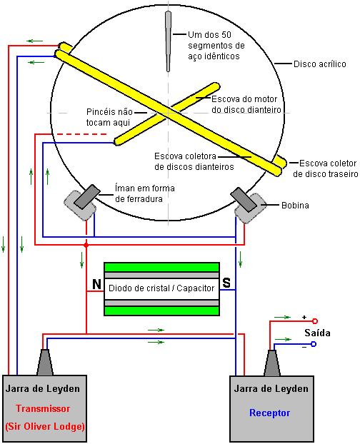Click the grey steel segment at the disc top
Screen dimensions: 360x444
click(169, 41)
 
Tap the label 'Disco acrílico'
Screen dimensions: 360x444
click(320, 64)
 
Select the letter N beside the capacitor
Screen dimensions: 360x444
click(97, 283)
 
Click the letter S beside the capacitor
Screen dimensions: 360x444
click(226, 283)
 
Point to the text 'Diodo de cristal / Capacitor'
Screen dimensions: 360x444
click(161, 288)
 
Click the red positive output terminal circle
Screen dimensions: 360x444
click(315, 321)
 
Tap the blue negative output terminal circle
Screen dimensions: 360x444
click(314, 344)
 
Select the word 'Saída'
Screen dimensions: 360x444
click(317, 333)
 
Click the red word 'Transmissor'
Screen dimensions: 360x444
click(43, 408)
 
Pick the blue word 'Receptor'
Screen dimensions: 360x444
click(270, 413)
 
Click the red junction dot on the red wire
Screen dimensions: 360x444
click(86, 245)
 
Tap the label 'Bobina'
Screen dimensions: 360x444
click(295, 206)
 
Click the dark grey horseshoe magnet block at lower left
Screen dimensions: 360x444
click(87, 197)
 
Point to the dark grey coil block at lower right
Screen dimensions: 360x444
click(244, 200)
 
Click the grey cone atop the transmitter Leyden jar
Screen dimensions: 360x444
click(45, 363)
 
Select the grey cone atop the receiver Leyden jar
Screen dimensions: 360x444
click(272, 363)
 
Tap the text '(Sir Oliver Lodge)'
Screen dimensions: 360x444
click(45, 426)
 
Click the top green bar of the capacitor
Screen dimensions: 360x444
click(161, 267)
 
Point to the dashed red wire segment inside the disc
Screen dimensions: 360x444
click(79, 134)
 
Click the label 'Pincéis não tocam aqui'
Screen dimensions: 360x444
click(109, 117)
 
